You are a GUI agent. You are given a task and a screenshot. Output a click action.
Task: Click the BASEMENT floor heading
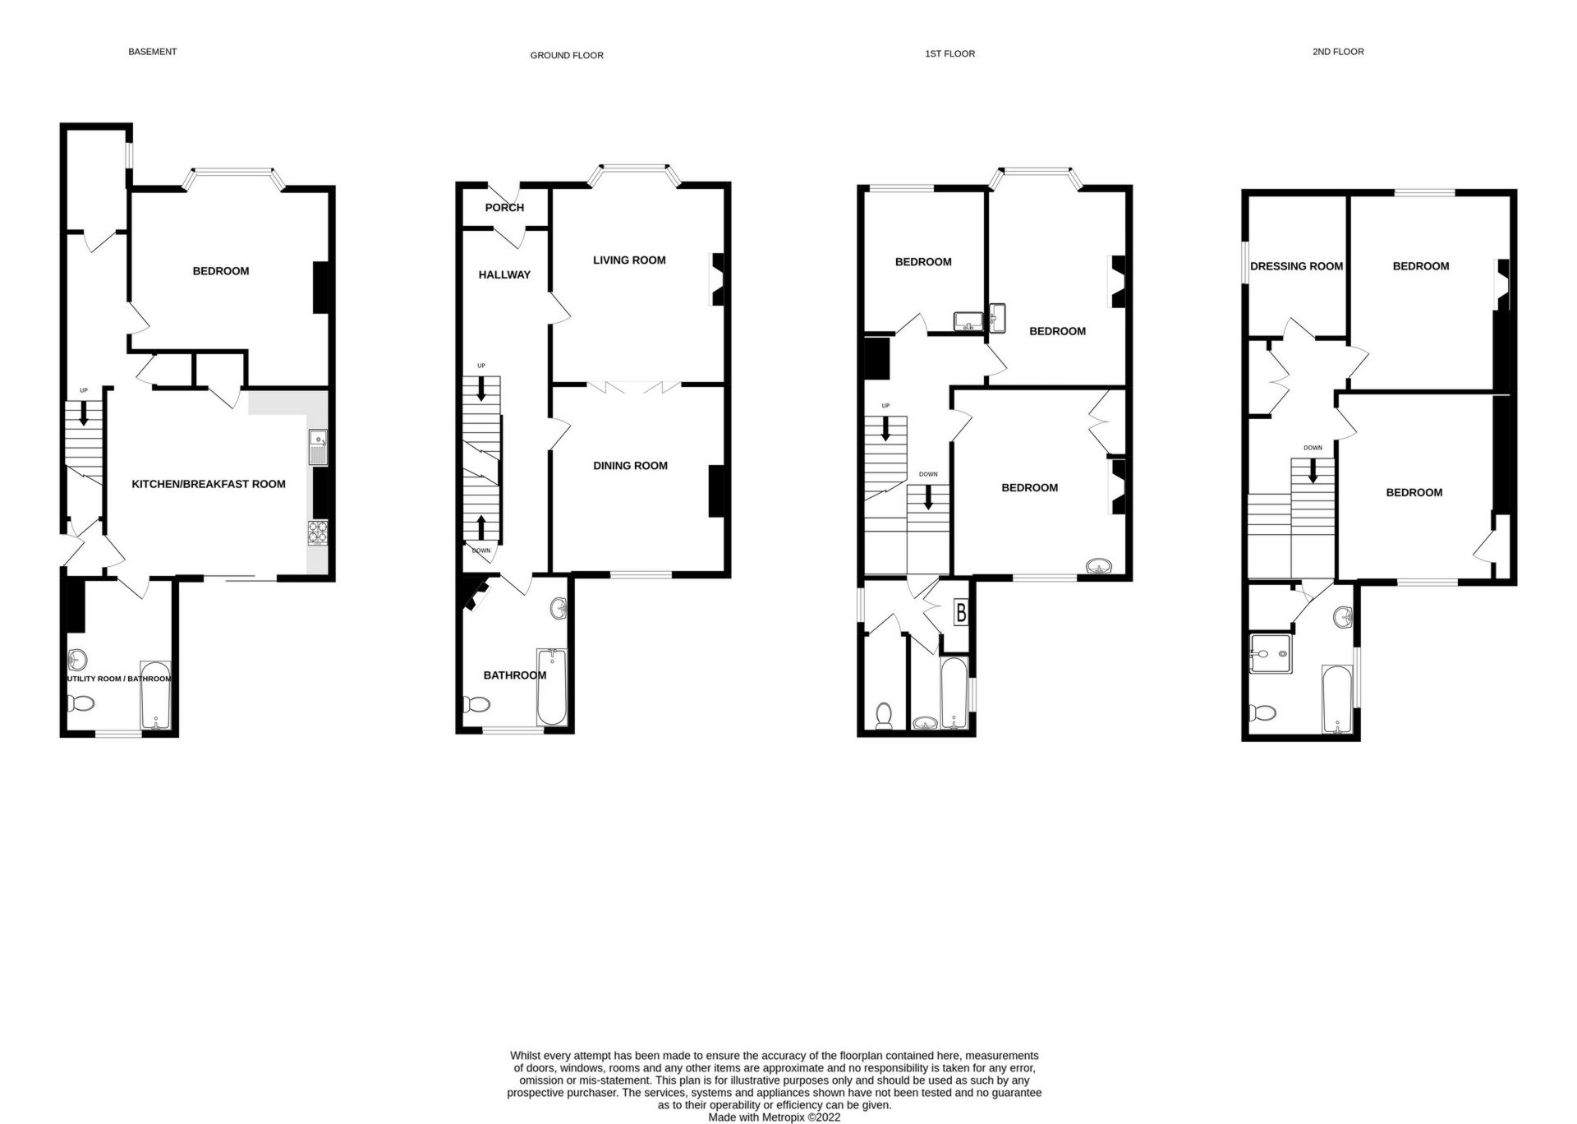pyautogui.click(x=152, y=52)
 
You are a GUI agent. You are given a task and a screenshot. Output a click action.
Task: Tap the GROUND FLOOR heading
pyautogui.click(x=567, y=56)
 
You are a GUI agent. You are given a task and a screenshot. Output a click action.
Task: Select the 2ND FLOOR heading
pyautogui.click(x=1338, y=52)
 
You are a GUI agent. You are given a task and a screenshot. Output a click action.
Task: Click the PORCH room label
pyautogui.click(x=504, y=208)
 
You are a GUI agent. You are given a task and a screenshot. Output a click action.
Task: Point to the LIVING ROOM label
pyautogui.click(x=629, y=260)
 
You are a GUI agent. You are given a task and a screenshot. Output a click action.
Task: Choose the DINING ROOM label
pyautogui.click(x=630, y=466)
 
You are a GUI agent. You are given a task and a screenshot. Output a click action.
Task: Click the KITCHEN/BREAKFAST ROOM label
pyautogui.click(x=209, y=485)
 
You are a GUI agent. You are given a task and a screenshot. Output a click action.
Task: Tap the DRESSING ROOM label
pyautogui.click(x=1296, y=266)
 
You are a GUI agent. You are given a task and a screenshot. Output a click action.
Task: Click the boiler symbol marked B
pyautogui.click(x=960, y=612)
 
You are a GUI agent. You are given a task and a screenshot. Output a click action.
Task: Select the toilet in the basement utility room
pyautogui.click(x=81, y=703)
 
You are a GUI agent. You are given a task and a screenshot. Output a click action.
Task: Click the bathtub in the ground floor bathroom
pyautogui.click(x=552, y=687)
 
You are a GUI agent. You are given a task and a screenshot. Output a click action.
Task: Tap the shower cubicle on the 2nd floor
pyautogui.click(x=1271, y=654)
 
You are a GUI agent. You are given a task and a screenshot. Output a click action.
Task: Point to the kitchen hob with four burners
pyautogui.click(x=318, y=533)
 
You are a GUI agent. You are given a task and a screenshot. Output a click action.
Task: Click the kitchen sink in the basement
pyautogui.click(x=318, y=447)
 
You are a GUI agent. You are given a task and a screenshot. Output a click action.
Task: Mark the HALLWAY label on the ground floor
pyautogui.click(x=504, y=275)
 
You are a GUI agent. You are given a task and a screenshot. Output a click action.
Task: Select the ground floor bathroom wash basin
pyautogui.click(x=559, y=609)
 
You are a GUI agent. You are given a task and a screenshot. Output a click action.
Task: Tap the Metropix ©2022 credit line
pyautogui.click(x=774, y=1117)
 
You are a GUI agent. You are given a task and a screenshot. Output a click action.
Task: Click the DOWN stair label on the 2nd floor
pyautogui.click(x=1313, y=448)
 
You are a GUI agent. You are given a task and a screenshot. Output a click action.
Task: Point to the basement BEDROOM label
pyautogui.click(x=221, y=271)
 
